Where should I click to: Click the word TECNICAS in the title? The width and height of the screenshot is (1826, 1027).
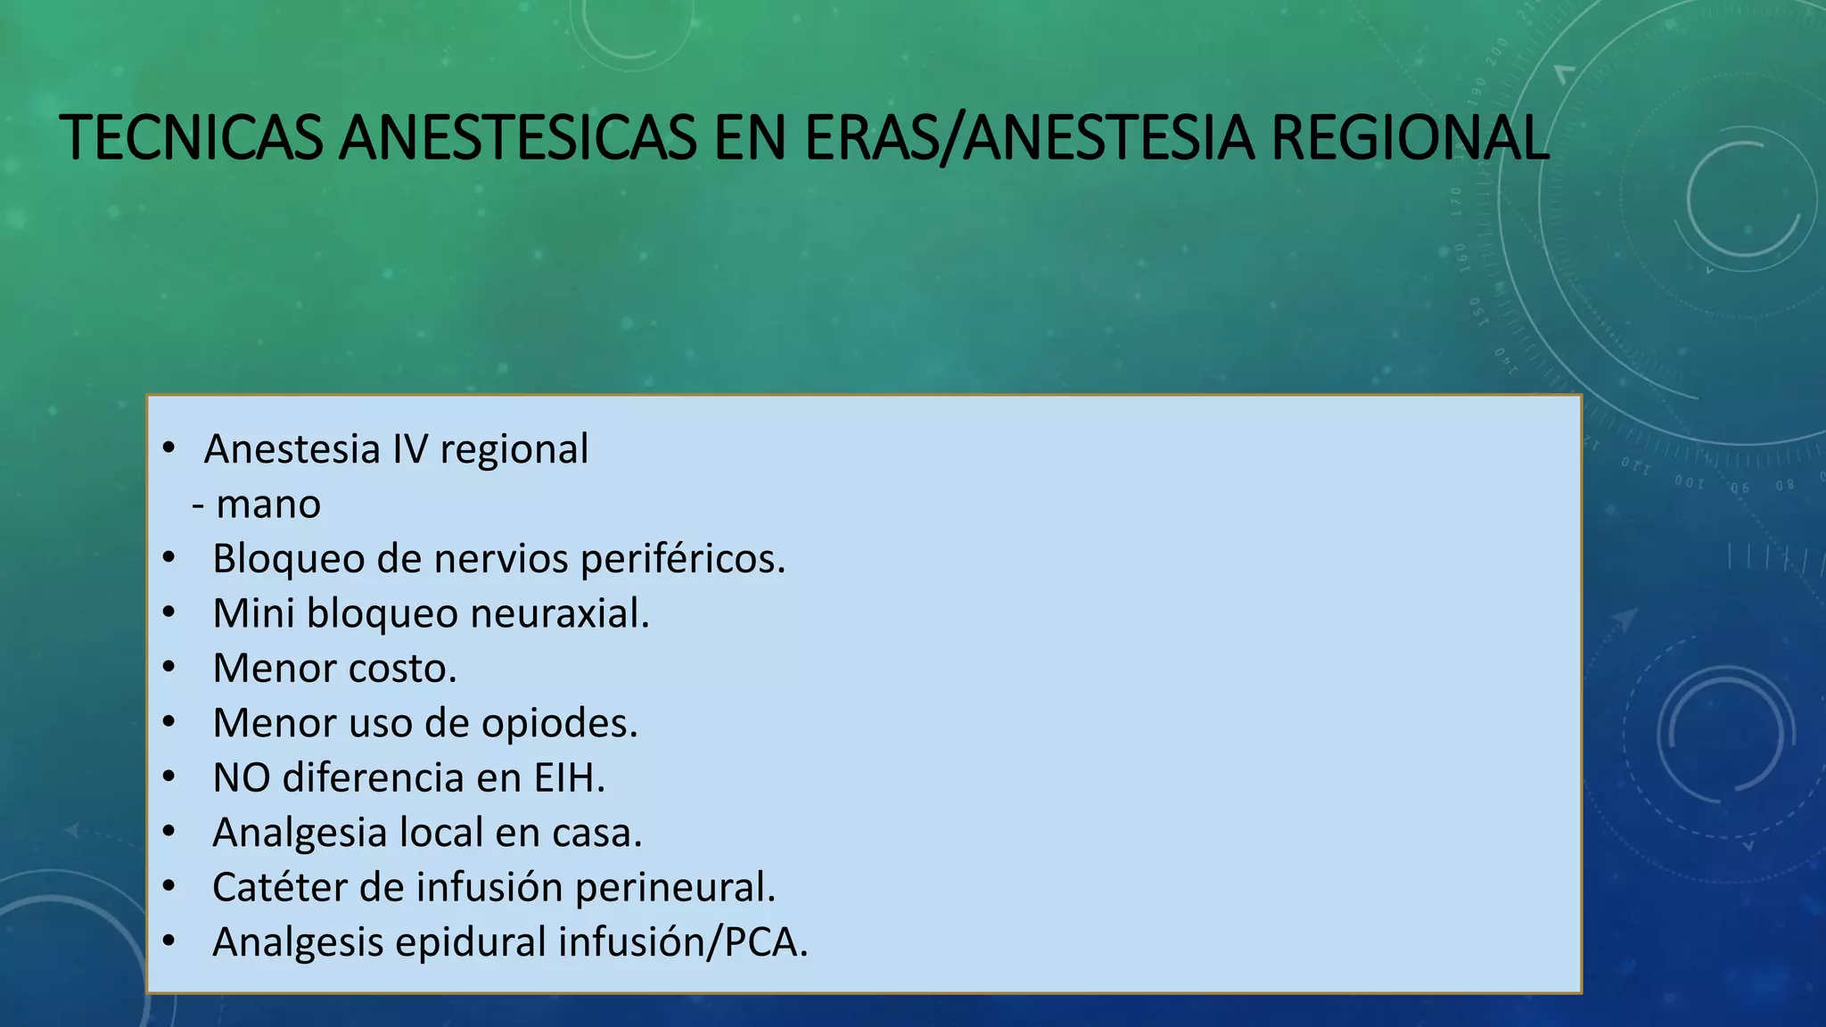[x=192, y=139]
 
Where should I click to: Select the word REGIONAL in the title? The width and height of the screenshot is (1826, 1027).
[x=1409, y=139]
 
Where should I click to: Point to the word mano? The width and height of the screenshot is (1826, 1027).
[x=268, y=505]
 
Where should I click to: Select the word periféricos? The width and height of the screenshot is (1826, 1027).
[x=682, y=560]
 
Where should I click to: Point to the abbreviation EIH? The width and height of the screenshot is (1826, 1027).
[x=569, y=777]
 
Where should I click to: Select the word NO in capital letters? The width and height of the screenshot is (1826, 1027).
[x=242, y=777]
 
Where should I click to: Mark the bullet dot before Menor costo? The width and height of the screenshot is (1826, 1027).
[x=169, y=668]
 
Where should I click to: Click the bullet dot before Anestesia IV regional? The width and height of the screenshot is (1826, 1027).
[x=169, y=448]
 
